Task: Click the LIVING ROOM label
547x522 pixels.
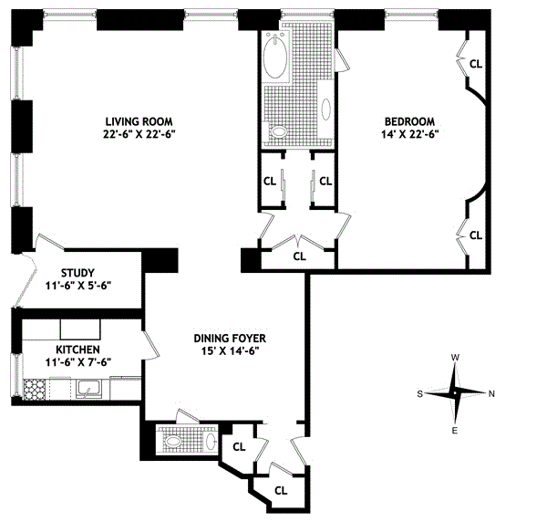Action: click(139, 121)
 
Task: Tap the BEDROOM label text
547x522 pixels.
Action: click(409, 121)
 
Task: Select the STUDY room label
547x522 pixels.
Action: click(77, 273)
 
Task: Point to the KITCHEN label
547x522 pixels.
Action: click(77, 350)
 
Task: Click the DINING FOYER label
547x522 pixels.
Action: click(230, 339)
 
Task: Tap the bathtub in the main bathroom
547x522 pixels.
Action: click(275, 56)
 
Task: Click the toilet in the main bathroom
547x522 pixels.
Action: click(278, 131)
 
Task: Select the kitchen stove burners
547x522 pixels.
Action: click(35, 389)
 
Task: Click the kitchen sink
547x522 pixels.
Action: click(89, 389)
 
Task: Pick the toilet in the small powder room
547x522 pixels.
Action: click(172, 442)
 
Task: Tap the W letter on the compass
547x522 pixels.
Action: click(455, 358)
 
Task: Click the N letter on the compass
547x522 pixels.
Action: click(492, 394)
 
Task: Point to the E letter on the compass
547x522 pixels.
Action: click(455, 431)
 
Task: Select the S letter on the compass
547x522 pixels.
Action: click(420, 394)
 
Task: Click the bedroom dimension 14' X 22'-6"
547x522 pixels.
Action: click(409, 134)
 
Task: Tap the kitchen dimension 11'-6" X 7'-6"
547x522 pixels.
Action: click(78, 362)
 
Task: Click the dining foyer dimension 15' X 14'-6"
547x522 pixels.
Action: click(230, 351)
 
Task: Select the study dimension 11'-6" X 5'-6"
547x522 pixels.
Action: click(78, 286)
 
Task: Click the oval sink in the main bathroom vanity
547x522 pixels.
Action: click(326, 110)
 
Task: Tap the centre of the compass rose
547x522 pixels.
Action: click(455, 393)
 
